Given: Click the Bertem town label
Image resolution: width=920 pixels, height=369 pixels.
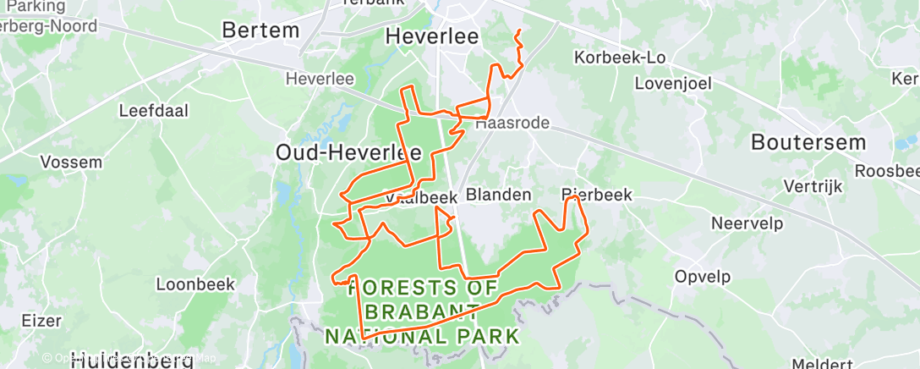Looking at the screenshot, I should click(x=260, y=31).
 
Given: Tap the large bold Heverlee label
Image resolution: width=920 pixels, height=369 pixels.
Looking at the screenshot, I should click(x=431, y=36).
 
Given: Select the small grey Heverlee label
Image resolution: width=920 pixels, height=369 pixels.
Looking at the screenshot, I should click(x=320, y=79).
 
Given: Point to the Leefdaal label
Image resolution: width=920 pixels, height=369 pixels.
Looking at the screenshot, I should click(x=153, y=110).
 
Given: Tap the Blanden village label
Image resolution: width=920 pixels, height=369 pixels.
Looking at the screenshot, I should click(x=499, y=195).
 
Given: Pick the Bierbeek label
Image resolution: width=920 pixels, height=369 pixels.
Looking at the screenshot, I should click(x=597, y=195).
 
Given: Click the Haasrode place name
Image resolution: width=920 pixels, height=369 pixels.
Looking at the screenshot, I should click(x=512, y=124).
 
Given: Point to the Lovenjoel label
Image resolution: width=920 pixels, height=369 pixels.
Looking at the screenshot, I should click(x=673, y=83).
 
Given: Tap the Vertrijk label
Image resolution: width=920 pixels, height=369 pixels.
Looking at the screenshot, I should click(x=808, y=185).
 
